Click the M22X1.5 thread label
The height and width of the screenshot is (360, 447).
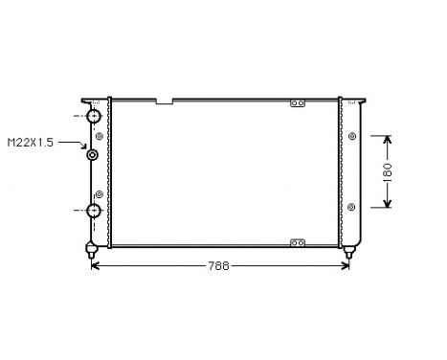(x=30, y=143)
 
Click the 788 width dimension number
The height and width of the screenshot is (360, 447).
(x=219, y=266)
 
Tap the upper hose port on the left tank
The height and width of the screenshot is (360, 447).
(x=95, y=116)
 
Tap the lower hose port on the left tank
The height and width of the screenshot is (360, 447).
(x=95, y=212)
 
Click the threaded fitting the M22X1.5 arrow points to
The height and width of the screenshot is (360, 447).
(x=93, y=155)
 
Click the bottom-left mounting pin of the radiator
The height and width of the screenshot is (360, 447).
(x=91, y=251)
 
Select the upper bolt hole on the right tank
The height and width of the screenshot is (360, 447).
(x=352, y=137)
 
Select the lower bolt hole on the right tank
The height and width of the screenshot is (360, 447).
(x=352, y=206)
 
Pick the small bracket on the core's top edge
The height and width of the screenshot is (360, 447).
(x=298, y=102)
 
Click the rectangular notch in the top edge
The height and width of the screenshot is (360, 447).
(x=164, y=100)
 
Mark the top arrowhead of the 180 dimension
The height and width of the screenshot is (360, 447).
(x=388, y=140)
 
